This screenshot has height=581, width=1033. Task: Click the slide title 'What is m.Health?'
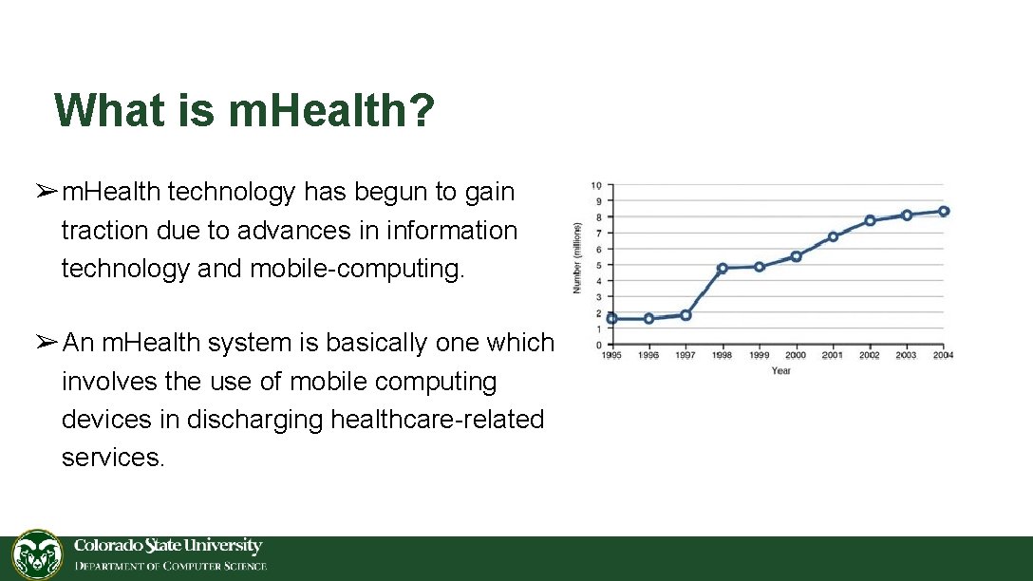(x=244, y=110)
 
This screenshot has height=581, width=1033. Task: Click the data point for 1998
(x=723, y=269)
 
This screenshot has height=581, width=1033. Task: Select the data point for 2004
(x=944, y=212)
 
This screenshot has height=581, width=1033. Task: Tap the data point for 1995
(x=612, y=319)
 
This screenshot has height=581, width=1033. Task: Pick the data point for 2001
(x=833, y=236)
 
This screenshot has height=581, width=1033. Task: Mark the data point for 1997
(x=686, y=315)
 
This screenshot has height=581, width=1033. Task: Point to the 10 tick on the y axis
(x=596, y=185)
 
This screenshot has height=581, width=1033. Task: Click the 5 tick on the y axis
(x=597, y=265)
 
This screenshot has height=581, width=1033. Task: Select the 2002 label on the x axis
(x=869, y=355)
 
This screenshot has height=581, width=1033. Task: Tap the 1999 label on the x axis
(x=759, y=355)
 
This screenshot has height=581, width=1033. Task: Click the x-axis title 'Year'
(x=780, y=370)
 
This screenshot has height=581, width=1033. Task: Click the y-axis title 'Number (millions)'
(x=577, y=257)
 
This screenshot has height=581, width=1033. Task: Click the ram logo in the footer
(x=37, y=555)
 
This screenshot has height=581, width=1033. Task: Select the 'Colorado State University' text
(x=168, y=546)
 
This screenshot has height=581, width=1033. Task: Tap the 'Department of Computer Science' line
(x=172, y=567)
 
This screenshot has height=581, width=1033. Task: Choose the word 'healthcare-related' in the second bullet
(x=437, y=419)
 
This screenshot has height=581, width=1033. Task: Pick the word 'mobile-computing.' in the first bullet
(x=358, y=269)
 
